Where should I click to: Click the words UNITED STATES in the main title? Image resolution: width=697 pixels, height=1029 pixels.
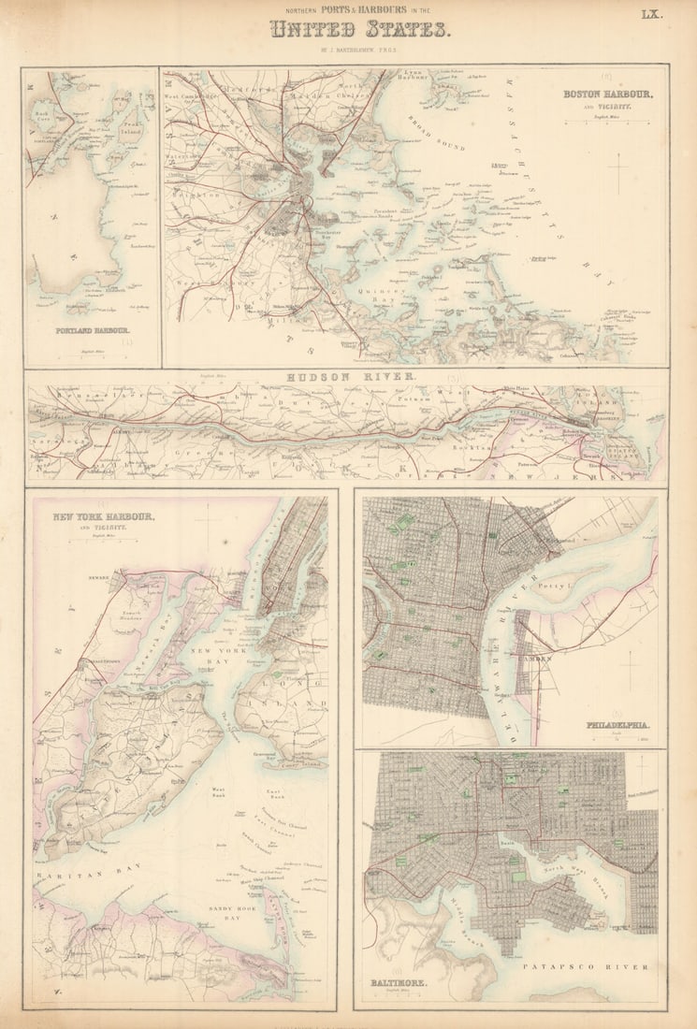coord(360,30)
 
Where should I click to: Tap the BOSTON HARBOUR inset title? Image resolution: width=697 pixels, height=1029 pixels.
coord(607,94)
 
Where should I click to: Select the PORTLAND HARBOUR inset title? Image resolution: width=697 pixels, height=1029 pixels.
coord(93,330)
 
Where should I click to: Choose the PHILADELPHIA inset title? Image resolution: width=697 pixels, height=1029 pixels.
coord(617,725)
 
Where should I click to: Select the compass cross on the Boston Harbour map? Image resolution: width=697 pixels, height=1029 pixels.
coord(618,173)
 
